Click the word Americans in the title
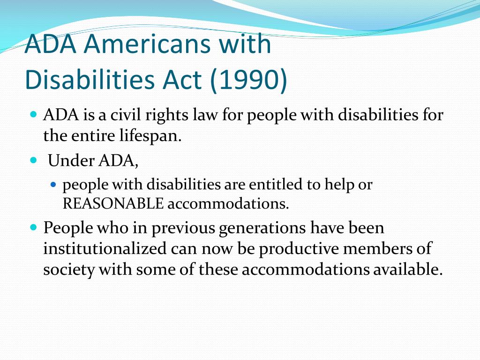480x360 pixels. point(147,44)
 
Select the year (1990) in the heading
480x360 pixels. point(248,80)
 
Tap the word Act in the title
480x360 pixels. point(182,80)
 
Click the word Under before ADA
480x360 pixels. point(71,160)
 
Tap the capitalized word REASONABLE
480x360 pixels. point(113,204)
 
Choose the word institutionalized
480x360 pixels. point(105,248)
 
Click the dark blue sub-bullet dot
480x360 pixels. point(53,185)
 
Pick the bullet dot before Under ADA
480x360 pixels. point(34,160)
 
